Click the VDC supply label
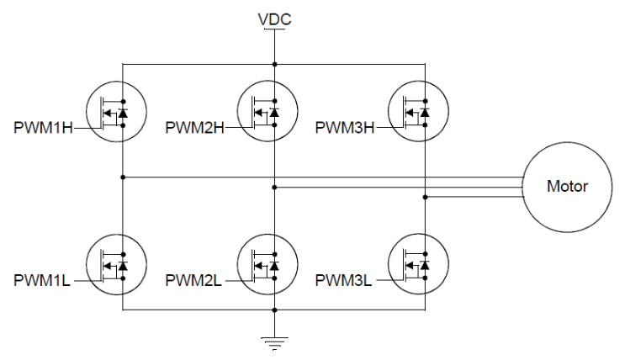coord(274,18)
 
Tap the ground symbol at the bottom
coord(275,340)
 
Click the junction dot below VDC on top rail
coord(275,63)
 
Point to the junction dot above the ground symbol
coord(275,310)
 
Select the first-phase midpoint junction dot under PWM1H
coord(124,177)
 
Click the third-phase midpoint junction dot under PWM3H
coord(426,198)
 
